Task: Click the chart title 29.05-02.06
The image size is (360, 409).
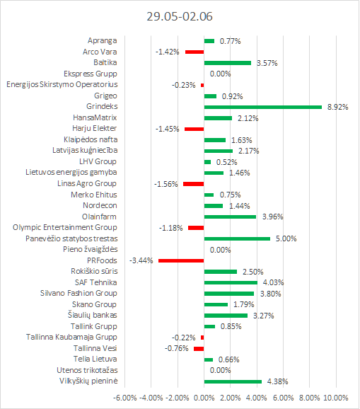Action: point(180,16)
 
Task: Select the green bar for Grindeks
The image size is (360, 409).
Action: point(263,108)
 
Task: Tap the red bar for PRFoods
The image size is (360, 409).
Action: point(181,260)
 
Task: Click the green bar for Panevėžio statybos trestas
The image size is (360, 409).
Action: point(237,238)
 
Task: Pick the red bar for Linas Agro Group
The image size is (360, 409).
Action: point(193,184)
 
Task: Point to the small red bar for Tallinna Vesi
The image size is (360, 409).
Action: point(199,349)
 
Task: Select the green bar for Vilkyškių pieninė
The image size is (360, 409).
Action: point(233,381)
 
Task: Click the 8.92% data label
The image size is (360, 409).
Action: point(337,108)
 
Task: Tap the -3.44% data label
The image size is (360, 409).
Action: point(141,260)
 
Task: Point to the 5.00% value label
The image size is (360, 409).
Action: point(286,238)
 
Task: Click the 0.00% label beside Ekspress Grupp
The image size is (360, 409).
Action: point(220,74)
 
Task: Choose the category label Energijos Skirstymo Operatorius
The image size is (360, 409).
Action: point(62,85)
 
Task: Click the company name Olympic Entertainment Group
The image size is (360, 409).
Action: point(65,227)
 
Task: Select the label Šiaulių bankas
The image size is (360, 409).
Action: point(92,315)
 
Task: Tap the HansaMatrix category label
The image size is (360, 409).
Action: point(95,117)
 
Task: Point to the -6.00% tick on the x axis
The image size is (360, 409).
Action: point(125,398)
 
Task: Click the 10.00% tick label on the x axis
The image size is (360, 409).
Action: point(336,398)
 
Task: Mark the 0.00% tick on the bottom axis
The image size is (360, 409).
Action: point(204,398)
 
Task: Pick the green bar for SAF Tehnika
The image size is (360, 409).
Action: point(231,282)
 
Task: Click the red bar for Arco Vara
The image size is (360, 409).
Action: point(194,52)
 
